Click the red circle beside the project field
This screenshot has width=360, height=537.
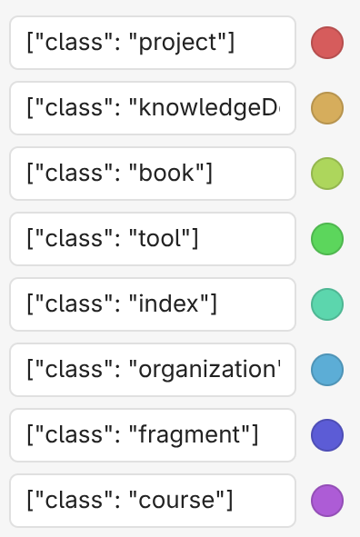(326, 43)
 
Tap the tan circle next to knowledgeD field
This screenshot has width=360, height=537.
(326, 108)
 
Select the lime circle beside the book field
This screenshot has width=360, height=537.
(326, 174)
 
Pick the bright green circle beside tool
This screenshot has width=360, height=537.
(326, 239)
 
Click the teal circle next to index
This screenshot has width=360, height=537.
(326, 304)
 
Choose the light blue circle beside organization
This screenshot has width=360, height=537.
(326, 370)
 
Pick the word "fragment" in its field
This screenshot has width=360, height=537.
(189, 435)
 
